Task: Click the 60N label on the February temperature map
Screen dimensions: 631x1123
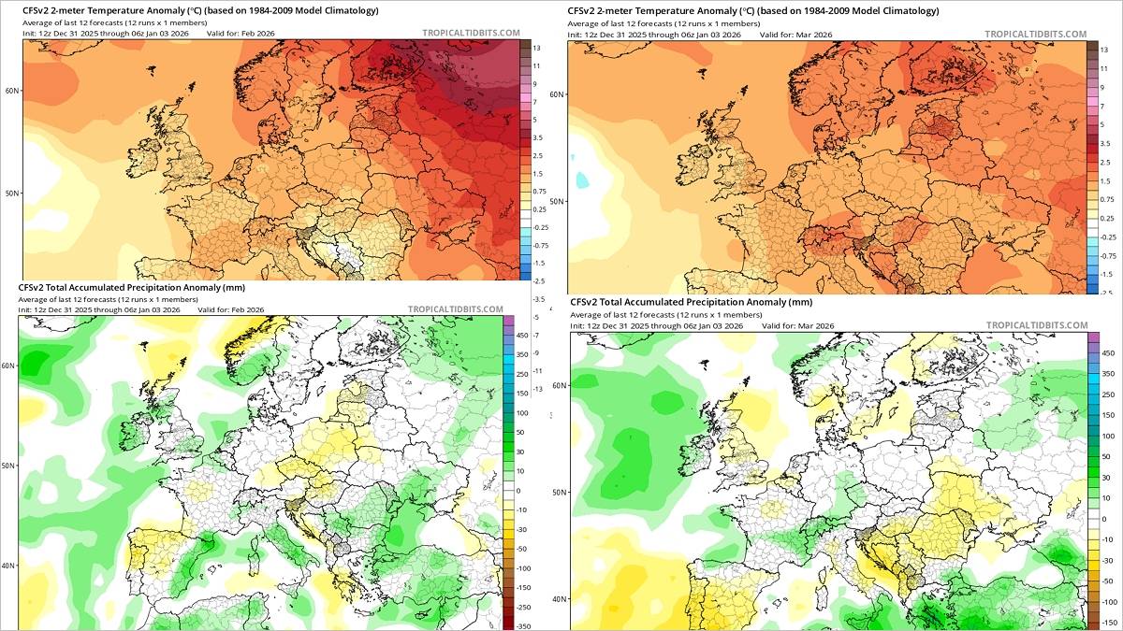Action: pos(11,91)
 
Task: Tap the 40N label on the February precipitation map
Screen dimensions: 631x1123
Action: pos(7,565)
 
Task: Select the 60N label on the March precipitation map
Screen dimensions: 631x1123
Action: pos(559,385)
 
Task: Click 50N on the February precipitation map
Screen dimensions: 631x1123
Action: pos(7,465)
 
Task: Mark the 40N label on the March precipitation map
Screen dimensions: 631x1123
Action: pos(559,599)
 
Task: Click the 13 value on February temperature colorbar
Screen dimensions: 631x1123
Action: pos(537,47)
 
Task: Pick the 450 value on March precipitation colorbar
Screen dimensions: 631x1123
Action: pos(1108,353)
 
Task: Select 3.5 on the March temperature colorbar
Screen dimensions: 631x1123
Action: pos(1105,143)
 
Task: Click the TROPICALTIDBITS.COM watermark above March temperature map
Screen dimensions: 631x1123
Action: pos(1035,34)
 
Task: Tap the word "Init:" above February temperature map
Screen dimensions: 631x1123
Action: pos(31,34)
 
